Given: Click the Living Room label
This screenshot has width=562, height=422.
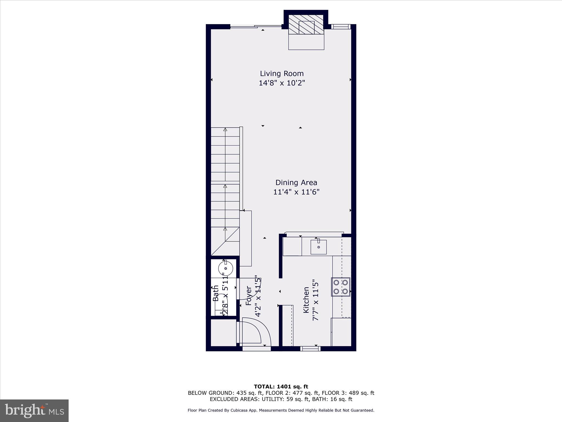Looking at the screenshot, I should (x=282, y=74).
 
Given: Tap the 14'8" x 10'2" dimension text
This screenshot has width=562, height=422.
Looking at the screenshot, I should (x=282, y=83).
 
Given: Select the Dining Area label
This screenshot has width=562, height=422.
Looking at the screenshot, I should (x=296, y=183).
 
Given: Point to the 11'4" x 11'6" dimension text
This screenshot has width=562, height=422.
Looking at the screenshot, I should (x=296, y=192).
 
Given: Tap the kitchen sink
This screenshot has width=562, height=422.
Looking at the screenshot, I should (x=318, y=247).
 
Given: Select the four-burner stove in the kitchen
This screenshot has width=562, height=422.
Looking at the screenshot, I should (x=341, y=287).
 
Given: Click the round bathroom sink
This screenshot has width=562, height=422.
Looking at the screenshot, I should (x=226, y=268).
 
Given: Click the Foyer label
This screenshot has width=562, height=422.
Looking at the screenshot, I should (x=249, y=296).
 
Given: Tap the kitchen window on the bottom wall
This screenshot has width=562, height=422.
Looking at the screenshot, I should (x=310, y=349).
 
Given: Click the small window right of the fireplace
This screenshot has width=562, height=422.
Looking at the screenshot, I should (x=340, y=27).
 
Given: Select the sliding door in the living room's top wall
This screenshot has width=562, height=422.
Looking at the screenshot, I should (x=256, y=27).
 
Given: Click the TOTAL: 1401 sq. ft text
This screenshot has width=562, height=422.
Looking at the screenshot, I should (x=281, y=387).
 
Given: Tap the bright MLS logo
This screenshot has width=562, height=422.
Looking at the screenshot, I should (x=34, y=410).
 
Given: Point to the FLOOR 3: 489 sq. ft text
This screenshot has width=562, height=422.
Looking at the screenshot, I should (x=348, y=393).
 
